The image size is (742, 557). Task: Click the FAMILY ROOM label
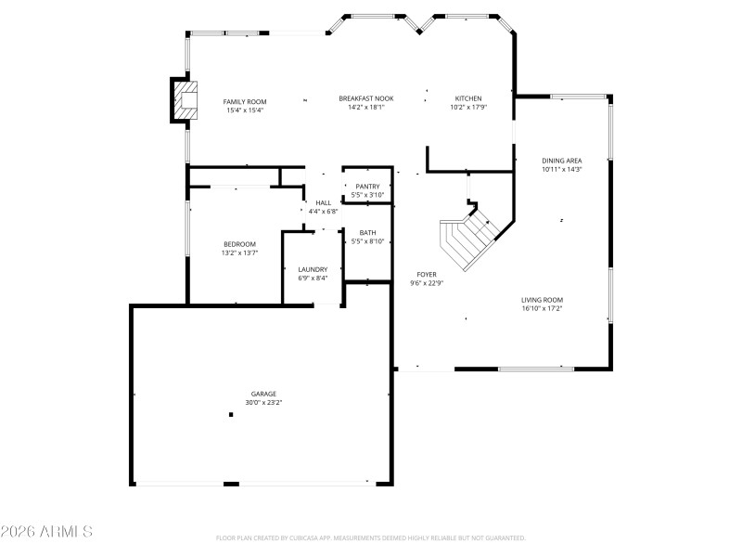click(x=245, y=100)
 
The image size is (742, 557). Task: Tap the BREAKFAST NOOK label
click(x=365, y=98)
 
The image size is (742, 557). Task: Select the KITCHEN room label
click(x=467, y=98)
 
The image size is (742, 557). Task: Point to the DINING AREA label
click(x=561, y=161)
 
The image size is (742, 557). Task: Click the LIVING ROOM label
click(x=542, y=300)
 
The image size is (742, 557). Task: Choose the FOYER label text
click(x=427, y=275)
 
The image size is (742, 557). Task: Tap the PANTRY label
click(x=367, y=187)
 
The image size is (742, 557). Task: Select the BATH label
click(x=367, y=233)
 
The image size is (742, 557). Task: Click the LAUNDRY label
click(x=313, y=269)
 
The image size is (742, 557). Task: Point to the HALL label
click(x=323, y=202)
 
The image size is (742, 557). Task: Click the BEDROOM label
click(x=239, y=244)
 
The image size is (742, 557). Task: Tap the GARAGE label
click(x=263, y=394)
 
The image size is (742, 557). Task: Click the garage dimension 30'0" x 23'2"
click(x=263, y=403)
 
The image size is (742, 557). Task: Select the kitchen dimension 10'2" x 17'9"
click(x=467, y=107)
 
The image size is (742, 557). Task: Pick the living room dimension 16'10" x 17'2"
click(x=542, y=308)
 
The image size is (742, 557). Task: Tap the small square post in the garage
click(x=231, y=415)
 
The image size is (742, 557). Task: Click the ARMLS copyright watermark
click(x=46, y=532)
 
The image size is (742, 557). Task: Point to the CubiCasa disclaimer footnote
click(x=370, y=538)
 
